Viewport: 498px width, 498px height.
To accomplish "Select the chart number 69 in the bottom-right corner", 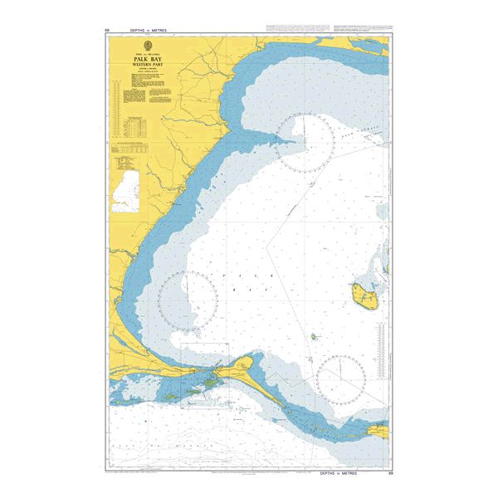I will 390,471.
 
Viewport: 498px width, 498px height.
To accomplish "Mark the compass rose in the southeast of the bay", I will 341,380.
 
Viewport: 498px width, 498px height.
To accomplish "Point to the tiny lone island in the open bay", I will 314,337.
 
